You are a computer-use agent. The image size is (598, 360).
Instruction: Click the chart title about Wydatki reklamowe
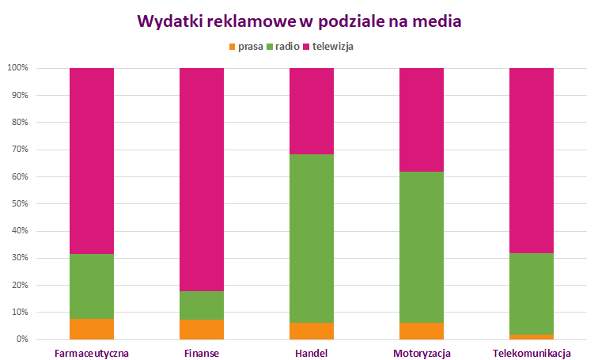[299, 21]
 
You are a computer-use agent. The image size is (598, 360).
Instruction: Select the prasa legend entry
[245, 47]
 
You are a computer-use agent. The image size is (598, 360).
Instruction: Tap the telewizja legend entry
[328, 47]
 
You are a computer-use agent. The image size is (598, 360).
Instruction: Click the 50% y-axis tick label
[19, 203]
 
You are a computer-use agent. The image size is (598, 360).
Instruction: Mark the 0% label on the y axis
[21, 339]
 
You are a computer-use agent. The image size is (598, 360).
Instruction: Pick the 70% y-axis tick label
[19, 150]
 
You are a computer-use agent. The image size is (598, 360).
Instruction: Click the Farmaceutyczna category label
[92, 353]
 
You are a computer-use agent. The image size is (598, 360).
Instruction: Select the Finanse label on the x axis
[202, 353]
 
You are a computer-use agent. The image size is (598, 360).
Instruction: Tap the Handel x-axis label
[312, 353]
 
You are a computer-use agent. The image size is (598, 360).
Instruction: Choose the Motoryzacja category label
[422, 353]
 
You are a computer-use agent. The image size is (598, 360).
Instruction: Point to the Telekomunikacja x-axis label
[532, 353]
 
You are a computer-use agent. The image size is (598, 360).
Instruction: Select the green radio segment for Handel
[312, 238]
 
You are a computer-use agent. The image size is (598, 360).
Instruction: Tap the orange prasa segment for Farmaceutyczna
[92, 329]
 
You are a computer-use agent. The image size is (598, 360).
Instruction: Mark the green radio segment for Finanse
[202, 305]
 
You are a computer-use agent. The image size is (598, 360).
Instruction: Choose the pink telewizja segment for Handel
[312, 111]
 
